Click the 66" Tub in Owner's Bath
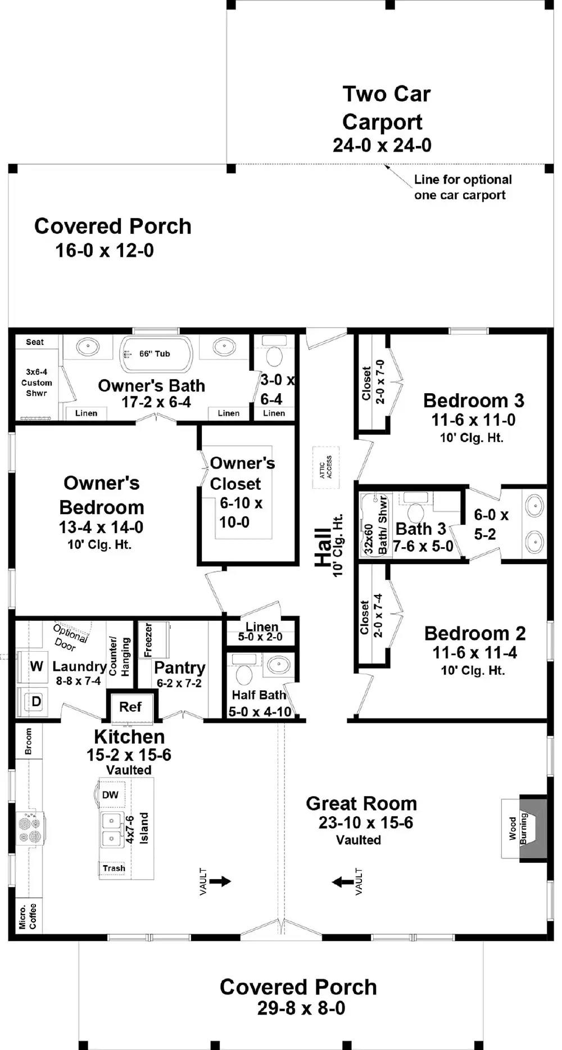(156, 354)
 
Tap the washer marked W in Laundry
(36, 667)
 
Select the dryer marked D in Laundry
(36, 702)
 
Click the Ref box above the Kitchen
(130, 707)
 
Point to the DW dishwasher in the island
(111, 794)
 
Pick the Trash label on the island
(114, 869)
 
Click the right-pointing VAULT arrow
(220, 881)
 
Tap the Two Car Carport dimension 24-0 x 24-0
(382, 146)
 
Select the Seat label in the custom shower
(35, 342)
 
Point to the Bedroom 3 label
(473, 401)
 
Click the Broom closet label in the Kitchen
(29, 741)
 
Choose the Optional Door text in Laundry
(70, 637)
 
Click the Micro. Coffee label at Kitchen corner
(28, 916)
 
